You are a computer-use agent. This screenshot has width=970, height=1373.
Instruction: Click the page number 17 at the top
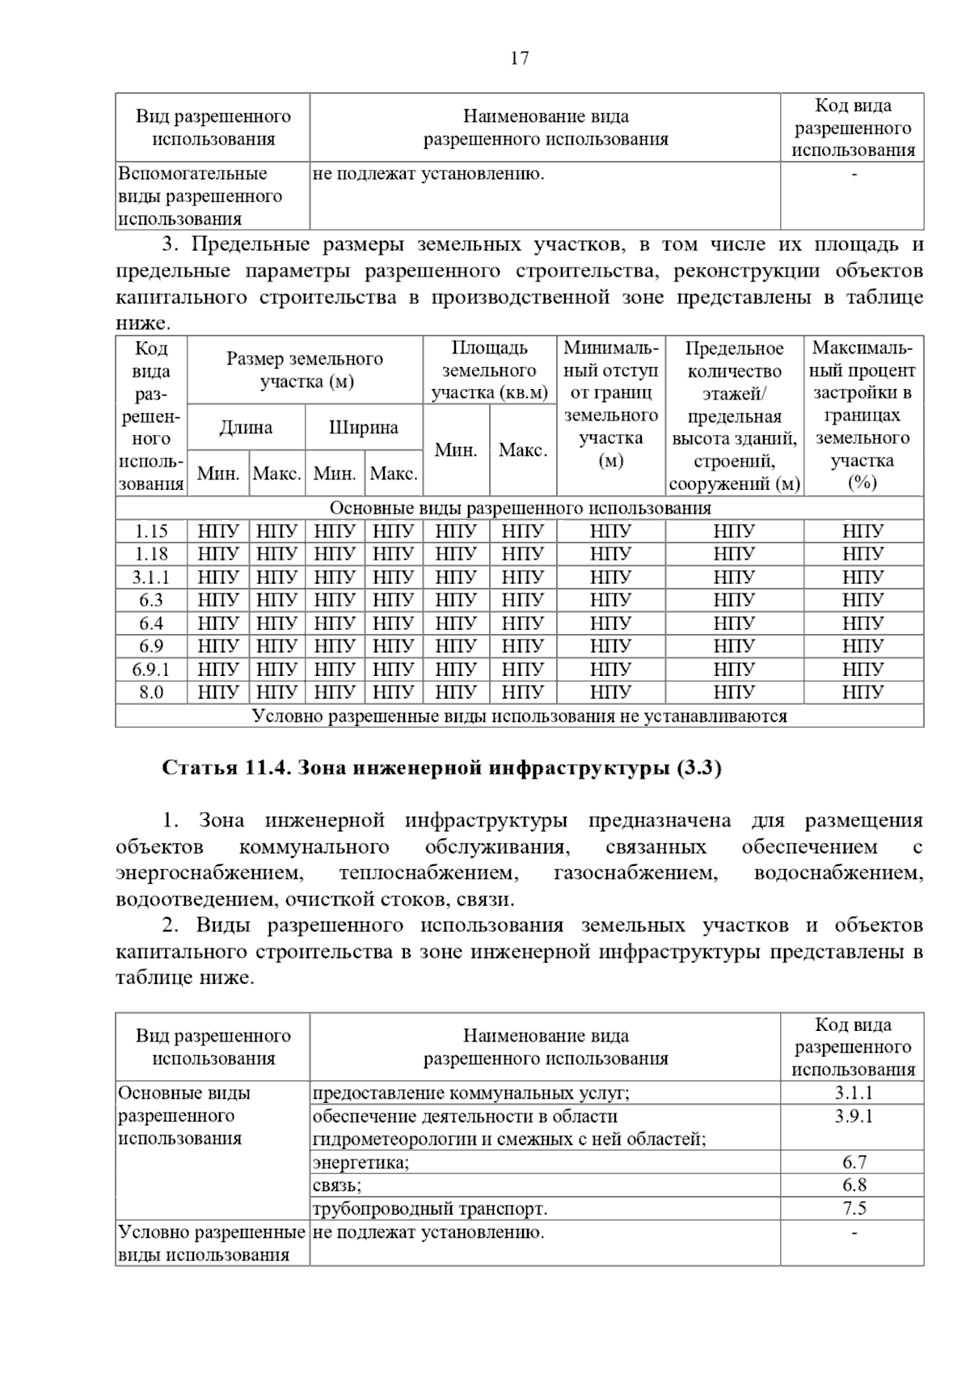tap(519, 58)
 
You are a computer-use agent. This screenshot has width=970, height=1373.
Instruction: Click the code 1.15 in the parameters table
tap(151, 531)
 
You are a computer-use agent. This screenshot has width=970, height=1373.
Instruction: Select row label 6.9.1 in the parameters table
tap(151, 670)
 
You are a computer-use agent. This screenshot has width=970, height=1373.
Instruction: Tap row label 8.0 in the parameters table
tap(151, 692)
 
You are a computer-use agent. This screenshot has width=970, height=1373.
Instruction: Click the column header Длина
tap(246, 428)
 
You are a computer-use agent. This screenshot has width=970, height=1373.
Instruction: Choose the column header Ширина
tap(364, 428)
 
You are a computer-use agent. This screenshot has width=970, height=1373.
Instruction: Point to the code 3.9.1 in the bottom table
tap(853, 1117)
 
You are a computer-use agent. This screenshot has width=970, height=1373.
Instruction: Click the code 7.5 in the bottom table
tap(854, 1209)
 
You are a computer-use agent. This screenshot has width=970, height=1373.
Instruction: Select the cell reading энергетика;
tap(361, 1163)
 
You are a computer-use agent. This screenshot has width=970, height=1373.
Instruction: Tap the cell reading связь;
tap(337, 1185)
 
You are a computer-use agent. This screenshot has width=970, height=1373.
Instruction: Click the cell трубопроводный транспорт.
tap(429, 1209)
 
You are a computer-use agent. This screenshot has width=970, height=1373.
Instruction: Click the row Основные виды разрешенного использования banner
tap(520, 508)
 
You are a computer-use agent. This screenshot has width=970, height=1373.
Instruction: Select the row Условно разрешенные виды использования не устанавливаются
tap(520, 716)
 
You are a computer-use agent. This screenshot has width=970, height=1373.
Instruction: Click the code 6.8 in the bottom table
tap(854, 1185)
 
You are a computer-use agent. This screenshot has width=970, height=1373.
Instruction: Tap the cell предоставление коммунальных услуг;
tap(470, 1093)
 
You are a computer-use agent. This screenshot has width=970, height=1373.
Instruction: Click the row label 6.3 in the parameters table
tap(151, 600)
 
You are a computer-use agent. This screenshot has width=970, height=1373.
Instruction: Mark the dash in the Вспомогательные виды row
tap(854, 174)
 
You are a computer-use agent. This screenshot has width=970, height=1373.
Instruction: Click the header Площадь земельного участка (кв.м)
tap(489, 370)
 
